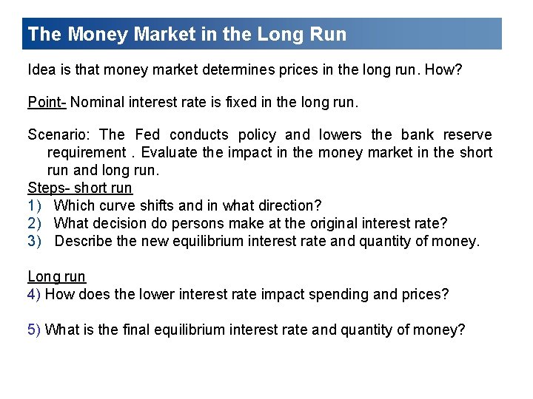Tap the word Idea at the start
pos(40,69)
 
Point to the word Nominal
pos(99,103)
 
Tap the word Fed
pos(148,135)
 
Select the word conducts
pos(198,135)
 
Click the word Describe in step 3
pos(83,241)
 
